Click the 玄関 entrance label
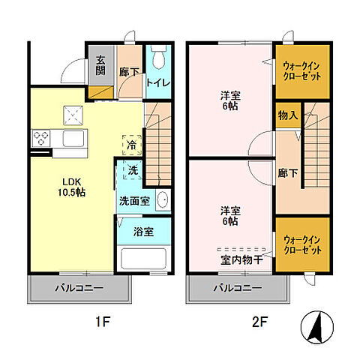coord(100,65)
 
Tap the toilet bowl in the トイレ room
coord(158,57)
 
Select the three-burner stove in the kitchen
coord(41,138)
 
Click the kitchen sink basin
coord(73,139)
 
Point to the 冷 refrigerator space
coord(132,145)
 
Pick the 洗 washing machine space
coord(133,170)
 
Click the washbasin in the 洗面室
coord(163,199)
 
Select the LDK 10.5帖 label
coord(72,187)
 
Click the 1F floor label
coord(103,322)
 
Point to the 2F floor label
coord(259,322)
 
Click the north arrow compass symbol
coord(317,327)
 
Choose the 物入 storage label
coord(288,115)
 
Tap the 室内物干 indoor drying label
coord(241,260)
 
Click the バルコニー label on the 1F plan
coord(79,288)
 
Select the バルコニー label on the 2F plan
coord(238,288)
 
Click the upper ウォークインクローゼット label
coord(302,71)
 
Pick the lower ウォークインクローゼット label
coord(302,245)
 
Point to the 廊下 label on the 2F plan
coord(288,173)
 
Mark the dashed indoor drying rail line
coord(241,249)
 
